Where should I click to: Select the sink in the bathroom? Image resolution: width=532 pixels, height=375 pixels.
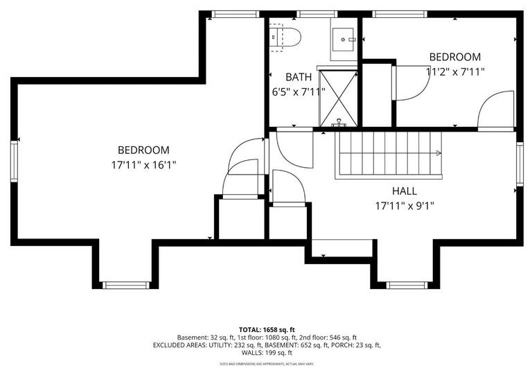pyautogui.click(x=343, y=40)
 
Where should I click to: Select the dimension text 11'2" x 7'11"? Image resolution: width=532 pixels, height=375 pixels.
pyautogui.click(x=454, y=71)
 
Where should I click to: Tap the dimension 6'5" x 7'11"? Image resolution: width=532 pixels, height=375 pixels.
pyautogui.click(x=299, y=91)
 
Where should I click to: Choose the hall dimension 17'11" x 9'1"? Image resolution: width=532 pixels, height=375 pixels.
pyautogui.click(x=405, y=205)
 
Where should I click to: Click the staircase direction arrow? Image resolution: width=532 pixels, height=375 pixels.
pyautogui.click(x=438, y=153)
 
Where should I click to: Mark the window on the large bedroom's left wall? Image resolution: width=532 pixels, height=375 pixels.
pyautogui.click(x=14, y=162)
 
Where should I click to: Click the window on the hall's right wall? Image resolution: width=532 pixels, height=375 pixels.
pyautogui.click(x=519, y=164)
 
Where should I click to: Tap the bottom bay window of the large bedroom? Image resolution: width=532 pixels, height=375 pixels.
pyautogui.click(x=125, y=285)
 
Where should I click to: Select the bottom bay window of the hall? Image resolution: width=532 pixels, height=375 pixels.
pyautogui.click(x=407, y=285)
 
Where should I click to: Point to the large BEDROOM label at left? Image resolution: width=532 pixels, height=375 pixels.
pyautogui.click(x=143, y=150)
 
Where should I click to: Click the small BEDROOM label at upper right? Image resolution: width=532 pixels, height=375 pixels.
pyautogui.click(x=454, y=57)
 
